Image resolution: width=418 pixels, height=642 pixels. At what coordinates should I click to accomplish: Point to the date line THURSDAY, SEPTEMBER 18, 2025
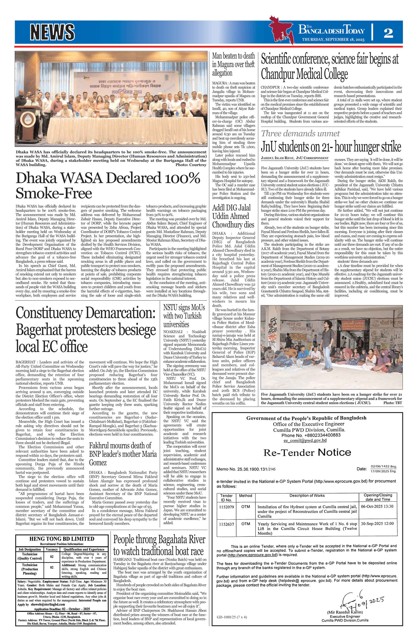tap(333, 40)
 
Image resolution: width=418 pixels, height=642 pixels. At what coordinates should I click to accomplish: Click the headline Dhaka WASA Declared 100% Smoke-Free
tap(108, 186)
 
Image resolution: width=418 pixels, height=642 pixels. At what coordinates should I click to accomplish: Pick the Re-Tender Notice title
tap(307, 452)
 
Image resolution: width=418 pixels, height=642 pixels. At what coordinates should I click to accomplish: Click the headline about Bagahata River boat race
tap(159, 545)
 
